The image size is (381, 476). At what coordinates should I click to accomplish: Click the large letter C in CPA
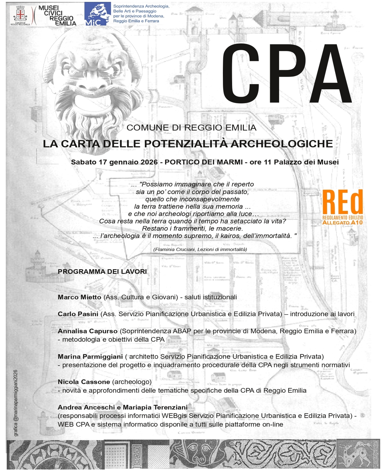point(241,74)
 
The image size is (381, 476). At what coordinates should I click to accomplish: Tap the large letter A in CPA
point(327,74)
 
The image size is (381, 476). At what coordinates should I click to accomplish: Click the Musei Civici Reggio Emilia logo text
point(57,16)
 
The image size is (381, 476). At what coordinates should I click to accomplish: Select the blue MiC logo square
point(97,14)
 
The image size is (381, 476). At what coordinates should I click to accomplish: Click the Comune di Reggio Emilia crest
point(19,14)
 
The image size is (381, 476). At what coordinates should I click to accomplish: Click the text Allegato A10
point(342,222)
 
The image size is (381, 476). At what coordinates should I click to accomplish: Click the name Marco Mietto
point(79,297)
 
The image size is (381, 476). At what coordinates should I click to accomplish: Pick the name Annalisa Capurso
point(87,331)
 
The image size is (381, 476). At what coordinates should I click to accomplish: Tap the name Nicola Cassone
point(84,382)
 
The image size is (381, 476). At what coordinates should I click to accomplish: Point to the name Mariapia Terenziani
point(155,407)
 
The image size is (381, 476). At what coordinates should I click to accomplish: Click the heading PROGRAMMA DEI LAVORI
point(102,271)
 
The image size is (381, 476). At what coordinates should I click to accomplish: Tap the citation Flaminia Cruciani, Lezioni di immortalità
point(200,249)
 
